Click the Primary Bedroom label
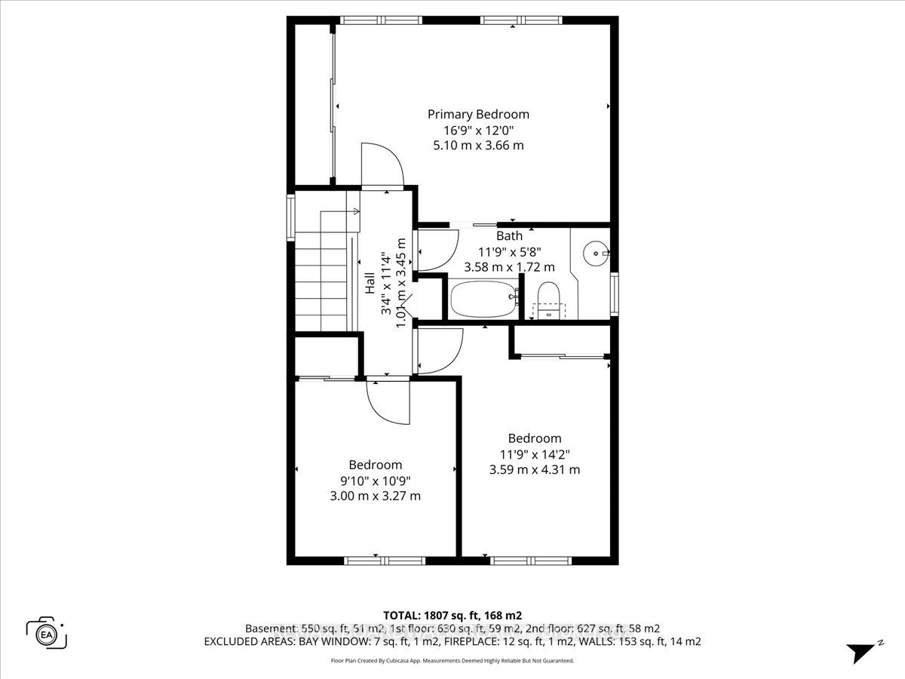tap(478, 115)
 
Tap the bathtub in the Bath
tap(483, 299)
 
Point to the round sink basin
tap(596, 253)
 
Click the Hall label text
tap(370, 283)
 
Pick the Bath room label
tap(509, 236)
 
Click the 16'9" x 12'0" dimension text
tap(478, 131)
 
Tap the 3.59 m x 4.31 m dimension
tap(535, 469)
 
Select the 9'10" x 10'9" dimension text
tap(375, 481)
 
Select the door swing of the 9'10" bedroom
tap(388, 403)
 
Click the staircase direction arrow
tap(339, 212)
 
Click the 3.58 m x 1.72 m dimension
tap(509, 267)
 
